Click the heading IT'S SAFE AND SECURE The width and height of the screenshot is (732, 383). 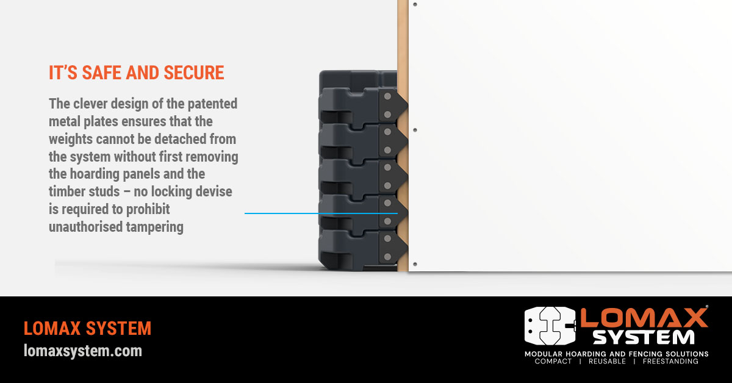pos(136,73)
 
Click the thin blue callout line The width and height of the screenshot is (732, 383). pos(321,213)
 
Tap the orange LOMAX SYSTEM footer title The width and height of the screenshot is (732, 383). pos(88,329)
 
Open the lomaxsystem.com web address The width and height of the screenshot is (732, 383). pos(83,351)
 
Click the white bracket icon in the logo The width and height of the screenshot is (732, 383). pos(550,326)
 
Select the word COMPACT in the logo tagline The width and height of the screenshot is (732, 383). pos(553,362)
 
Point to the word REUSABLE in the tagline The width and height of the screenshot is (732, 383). pos(607,362)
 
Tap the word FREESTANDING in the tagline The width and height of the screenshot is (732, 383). pos(670,362)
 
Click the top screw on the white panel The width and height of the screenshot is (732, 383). pos(415,4)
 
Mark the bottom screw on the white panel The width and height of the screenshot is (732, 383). pos(415,264)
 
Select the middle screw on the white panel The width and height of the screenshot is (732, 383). pos(415,130)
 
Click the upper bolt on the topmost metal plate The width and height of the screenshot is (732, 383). pos(387,96)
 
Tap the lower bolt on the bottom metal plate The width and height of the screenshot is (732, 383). pos(387,257)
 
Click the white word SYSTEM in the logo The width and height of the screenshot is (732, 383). pos(644,337)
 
